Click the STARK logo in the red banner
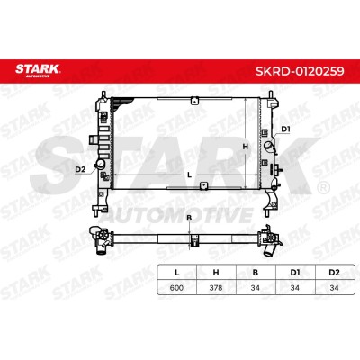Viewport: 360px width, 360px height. pyautogui.click(x=38, y=70)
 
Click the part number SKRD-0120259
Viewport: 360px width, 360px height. pyautogui.click(x=300, y=71)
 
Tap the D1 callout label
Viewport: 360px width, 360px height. pyautogui.click(x=285, y=130)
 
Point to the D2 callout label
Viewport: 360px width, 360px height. pyautogui.click(x=80, y=169)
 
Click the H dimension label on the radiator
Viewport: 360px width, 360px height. pyautogui.click(x=246, y=147)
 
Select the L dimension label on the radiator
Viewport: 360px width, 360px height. pyautogui.click(x=189, y=175)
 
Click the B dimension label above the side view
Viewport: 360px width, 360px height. pyautogui.click(x=189, y=218)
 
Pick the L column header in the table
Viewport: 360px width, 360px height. pyautogui.click(x=177, y=273)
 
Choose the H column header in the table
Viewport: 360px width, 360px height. pyautogui.click(x=216, y=273)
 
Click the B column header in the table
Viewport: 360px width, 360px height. pyautogui.click(x=256, y=273)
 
